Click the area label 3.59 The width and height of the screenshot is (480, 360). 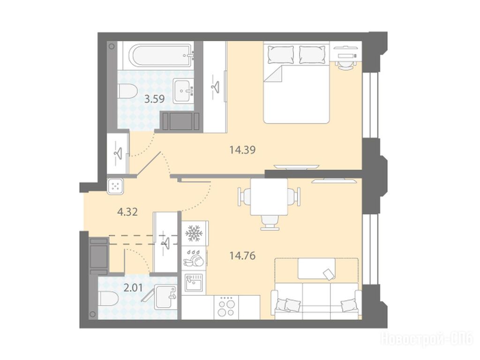(x=155, y=99)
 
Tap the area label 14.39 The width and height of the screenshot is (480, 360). (x=242, y=150)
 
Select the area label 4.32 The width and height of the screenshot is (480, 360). (x=127, y=211)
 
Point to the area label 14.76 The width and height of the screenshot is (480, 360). (x=242, y=255)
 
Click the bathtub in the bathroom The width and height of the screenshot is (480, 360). (x=161, y=55)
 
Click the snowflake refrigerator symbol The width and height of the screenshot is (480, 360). (x=194, y=233)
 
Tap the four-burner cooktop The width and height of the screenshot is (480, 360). (x=226, y=307)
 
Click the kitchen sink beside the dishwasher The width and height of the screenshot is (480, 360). (x=194, y=282)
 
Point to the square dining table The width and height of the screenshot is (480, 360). (x=269, y=196)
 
